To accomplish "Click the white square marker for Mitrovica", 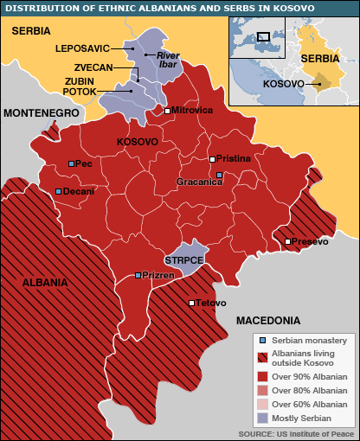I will (167, 111).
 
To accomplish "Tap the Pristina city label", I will (234, 159).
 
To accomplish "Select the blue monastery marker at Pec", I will (72, 163).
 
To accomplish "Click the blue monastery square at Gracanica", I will (220, 175).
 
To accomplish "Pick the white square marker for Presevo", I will (287, 241).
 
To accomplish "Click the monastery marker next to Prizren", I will (138, 275).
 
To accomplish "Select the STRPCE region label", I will (183, 259).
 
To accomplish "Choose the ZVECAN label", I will (93, 67).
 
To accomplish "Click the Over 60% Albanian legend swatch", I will (262, 404).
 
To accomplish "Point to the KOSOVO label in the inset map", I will (282, 84).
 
